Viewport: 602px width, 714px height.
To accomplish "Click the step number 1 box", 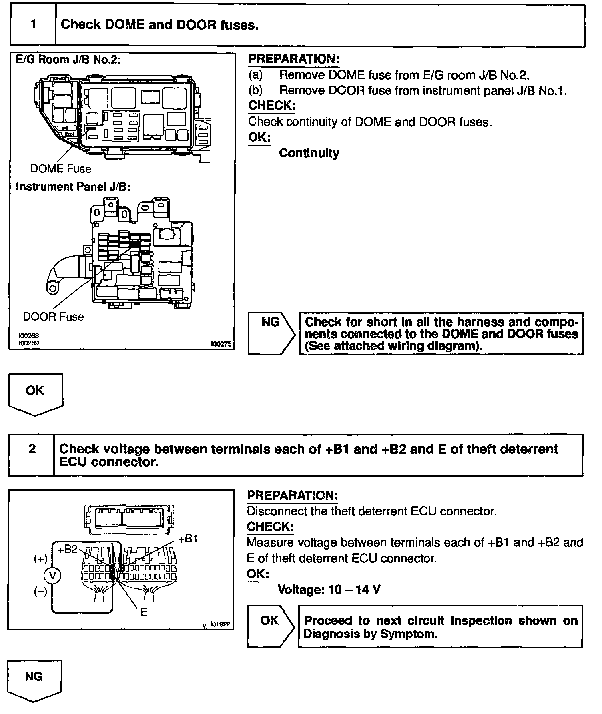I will pos(33,25).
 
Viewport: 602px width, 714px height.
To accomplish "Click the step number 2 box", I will pos(32,449).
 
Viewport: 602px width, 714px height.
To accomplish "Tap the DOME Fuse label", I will pos(61,169).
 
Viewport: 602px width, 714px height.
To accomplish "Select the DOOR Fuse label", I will pos(53,317).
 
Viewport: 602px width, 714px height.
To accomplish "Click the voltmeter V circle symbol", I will pos(52,575).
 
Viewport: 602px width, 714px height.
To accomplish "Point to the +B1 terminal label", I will pos(188,539).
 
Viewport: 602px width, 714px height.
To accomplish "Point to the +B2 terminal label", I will pos(67,549).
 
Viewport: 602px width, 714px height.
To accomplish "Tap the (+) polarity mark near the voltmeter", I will pos(40,558).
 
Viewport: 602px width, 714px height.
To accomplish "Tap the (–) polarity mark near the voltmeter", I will pos(40,591).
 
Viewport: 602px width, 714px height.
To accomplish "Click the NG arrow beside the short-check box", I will pos(271,333).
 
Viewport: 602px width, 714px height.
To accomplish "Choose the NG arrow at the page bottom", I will pos(34,677).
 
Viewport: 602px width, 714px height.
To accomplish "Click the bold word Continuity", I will pos(309,153).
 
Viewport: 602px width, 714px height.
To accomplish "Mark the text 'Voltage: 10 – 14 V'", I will pos(329,589).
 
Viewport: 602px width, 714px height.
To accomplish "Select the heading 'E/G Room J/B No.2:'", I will pos(68,60).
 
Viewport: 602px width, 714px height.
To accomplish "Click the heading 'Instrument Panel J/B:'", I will pos(73,187).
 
